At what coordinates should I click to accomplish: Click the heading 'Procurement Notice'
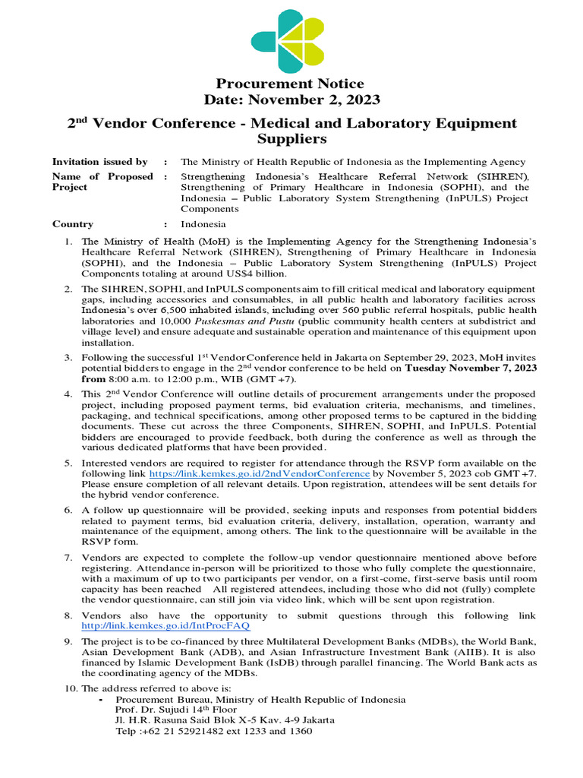point(291,84)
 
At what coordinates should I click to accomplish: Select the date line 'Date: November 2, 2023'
point(291,100)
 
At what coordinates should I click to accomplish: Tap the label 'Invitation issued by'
point(99,162)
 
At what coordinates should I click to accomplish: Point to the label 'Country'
point(73,224)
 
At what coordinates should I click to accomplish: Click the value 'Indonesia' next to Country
point(203,224)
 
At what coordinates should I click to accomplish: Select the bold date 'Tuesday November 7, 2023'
point(471,368)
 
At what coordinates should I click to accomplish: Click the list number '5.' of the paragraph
point(68,463)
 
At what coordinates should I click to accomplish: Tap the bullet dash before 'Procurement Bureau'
point(101,699)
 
